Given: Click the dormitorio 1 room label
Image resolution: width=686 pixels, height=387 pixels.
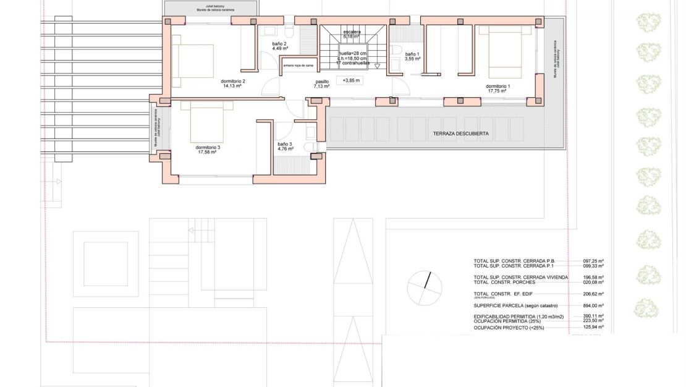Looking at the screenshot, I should coord(498,86).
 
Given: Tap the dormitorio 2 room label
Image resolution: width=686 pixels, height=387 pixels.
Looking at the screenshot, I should coord(233,81).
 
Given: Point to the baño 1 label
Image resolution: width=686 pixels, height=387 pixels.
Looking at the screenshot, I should coord(412,54).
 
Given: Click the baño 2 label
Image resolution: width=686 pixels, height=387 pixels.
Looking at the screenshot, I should coord(279,44).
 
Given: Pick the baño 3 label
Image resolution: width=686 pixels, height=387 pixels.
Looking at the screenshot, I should coord(285,144).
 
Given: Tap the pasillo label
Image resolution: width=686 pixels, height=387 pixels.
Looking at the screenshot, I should coord(322,81).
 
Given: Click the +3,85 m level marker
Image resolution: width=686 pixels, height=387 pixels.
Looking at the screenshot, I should coord(351,80).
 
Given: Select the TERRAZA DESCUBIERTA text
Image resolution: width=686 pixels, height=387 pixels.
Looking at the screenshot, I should coord(461,134).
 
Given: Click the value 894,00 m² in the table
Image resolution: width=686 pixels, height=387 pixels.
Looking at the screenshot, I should coord(593,305).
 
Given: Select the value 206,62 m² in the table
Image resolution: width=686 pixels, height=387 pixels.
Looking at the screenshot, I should coord(593,294).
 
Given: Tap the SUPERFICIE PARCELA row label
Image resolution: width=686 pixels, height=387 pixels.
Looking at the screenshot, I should coord(515,305).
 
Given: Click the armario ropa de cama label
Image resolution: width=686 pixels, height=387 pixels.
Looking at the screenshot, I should coord(299,65).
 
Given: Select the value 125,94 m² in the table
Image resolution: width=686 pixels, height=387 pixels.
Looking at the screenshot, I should coord(593,327).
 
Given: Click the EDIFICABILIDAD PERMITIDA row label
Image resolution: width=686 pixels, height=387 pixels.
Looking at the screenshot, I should coord(519,316).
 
